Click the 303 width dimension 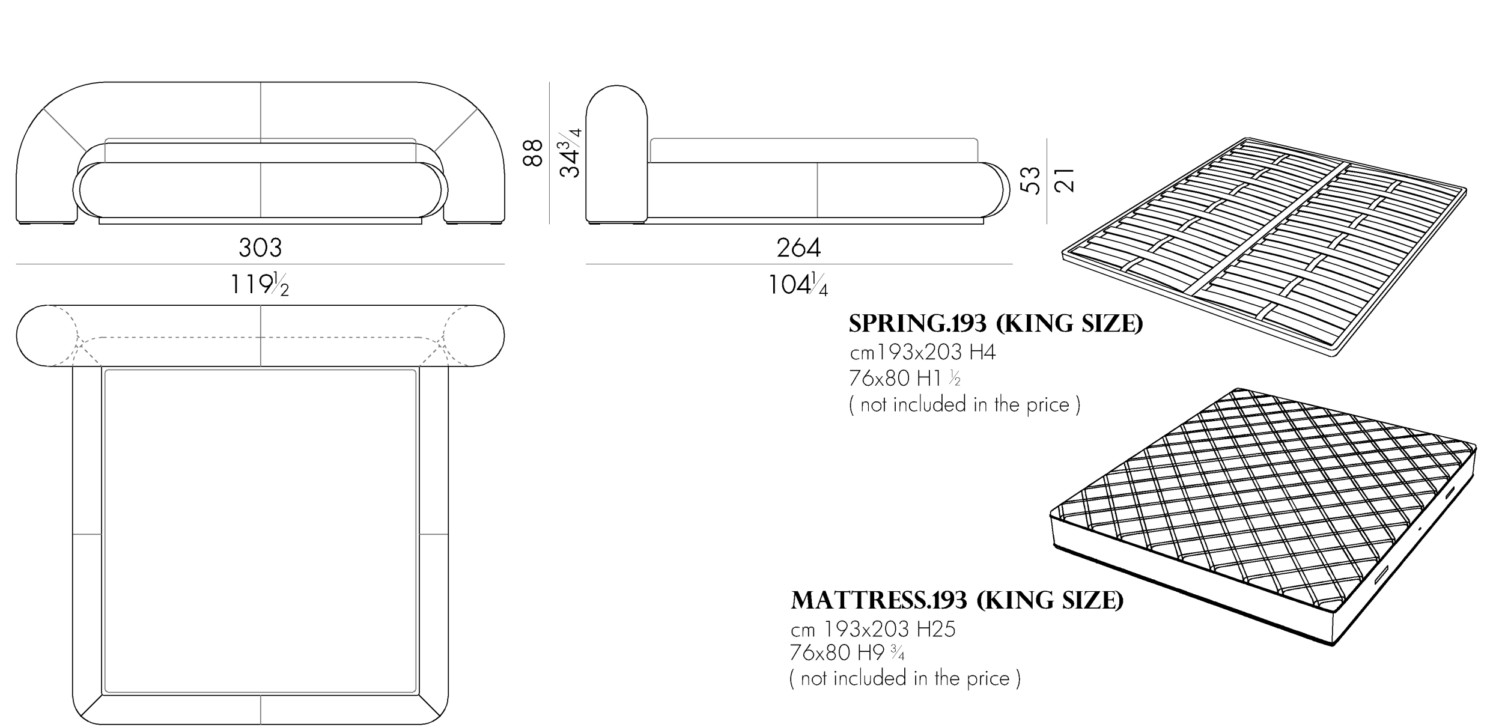(x=260, y=248)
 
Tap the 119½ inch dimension (x=260, y=284)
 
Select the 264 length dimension (x=799, y=248)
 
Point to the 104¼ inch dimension (x=798, y=284)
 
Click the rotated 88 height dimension (x=533, y=153)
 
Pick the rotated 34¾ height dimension (x=570, y=153)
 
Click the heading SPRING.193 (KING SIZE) (x=996, y=324)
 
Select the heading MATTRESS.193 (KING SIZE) (x=957, y=600)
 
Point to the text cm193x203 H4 (x=923, y=352)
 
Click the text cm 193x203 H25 (x=873, y=629)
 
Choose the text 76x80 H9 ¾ (x=847, y=652)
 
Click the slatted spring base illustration (x=1265, y=246)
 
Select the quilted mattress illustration (x=1263, y=516)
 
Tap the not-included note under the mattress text (x=905, y=679)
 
